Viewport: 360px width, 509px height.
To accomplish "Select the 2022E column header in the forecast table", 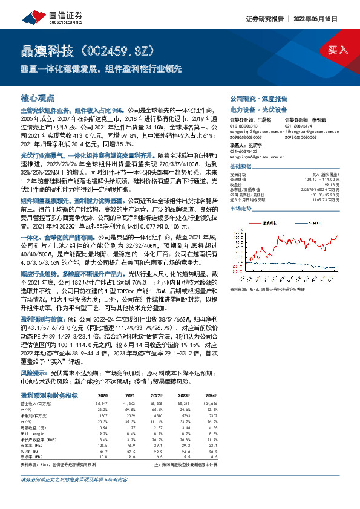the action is (156, 395).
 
